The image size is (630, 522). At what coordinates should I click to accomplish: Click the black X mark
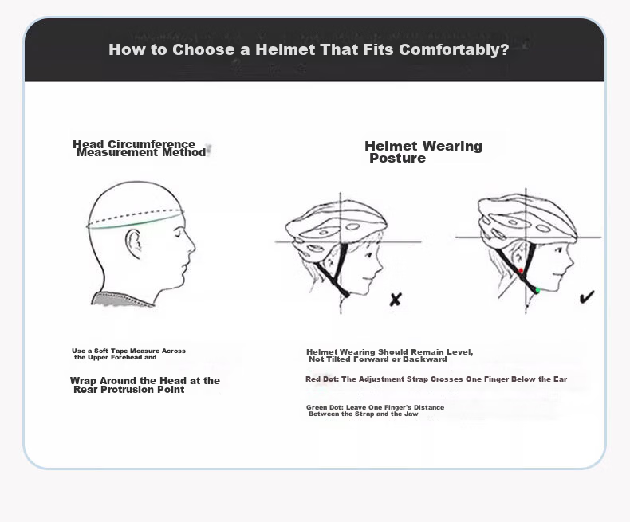point(396,300)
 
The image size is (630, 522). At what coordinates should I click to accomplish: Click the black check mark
point(587,297)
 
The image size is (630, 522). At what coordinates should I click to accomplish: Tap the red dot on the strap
point(521,271)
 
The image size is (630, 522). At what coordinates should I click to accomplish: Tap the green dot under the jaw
point(537,290)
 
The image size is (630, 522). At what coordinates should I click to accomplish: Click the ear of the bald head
point(133,243)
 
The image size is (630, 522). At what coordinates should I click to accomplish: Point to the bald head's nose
point(191,245)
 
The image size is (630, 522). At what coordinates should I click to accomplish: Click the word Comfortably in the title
point(454,49)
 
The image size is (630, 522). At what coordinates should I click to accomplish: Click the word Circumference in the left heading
point(152,144)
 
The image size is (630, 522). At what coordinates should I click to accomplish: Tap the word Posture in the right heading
point(397,159)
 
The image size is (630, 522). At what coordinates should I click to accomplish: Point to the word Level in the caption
point(460,352)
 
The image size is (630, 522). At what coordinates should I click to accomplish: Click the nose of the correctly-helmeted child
point(570,261)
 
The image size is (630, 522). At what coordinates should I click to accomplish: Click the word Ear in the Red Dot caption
point(560,379)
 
